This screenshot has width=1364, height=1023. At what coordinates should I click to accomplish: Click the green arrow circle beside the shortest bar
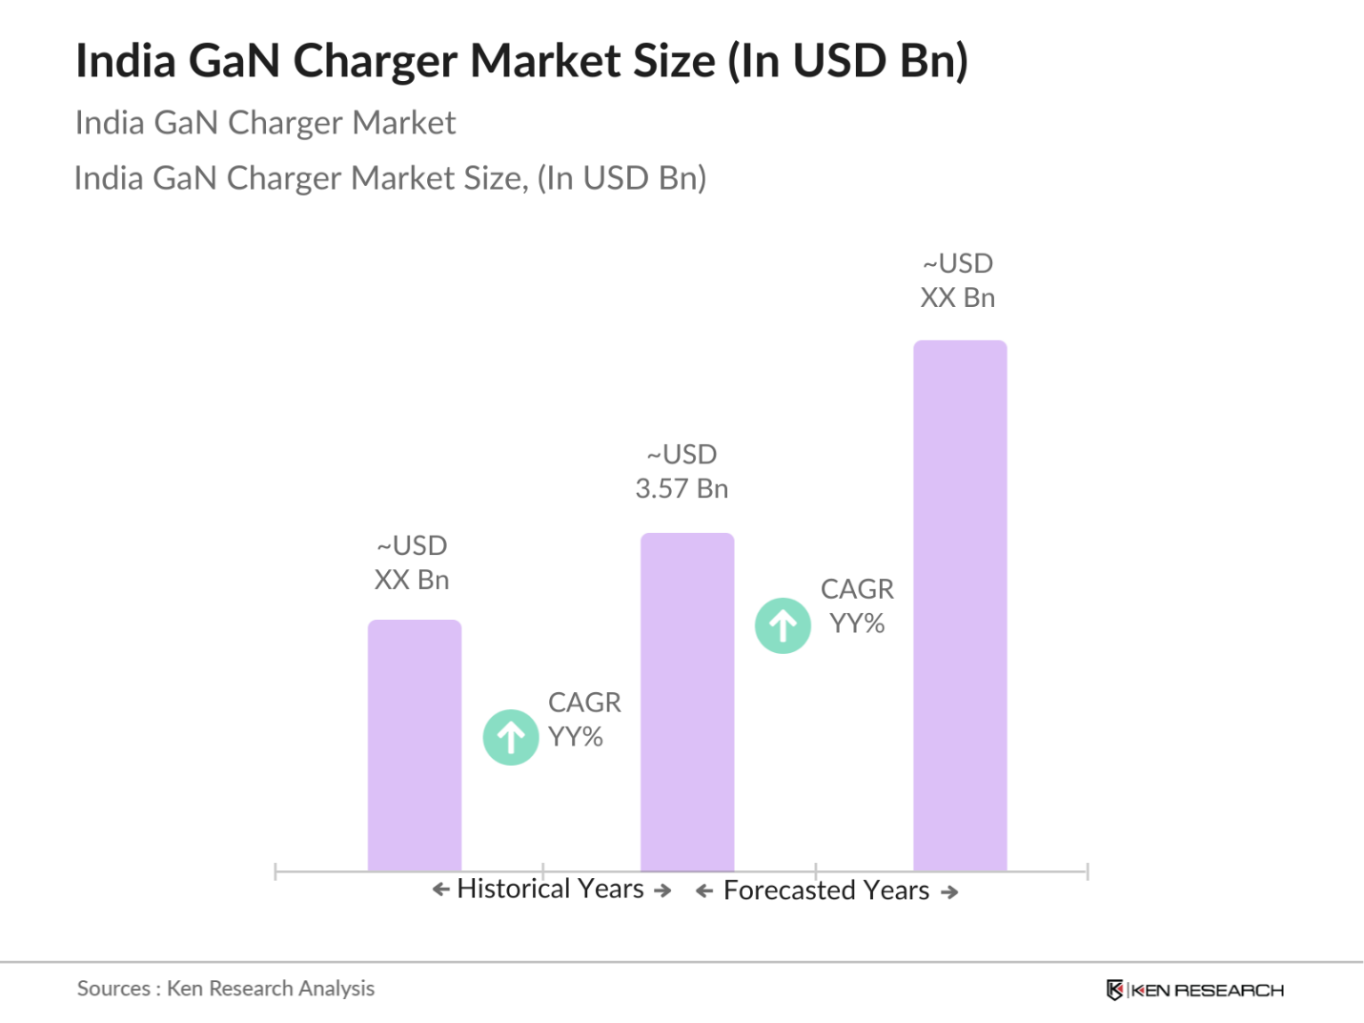pos(511,737)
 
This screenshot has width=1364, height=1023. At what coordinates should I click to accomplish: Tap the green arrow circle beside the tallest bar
pos(783,625)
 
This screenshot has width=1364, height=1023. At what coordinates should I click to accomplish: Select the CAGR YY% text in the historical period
pos(583,720)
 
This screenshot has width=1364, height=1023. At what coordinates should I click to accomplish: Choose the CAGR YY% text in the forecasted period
pos(857,606)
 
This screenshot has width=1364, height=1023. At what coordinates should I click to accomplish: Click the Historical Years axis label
pos(551,889)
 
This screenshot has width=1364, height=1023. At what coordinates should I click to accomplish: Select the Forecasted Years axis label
pos(826,890)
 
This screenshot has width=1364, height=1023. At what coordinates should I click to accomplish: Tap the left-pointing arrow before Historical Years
pos(440,890)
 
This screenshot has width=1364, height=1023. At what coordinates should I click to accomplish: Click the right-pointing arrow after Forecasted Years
pos(949,892)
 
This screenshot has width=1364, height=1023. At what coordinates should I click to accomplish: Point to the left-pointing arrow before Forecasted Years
pos(704,891)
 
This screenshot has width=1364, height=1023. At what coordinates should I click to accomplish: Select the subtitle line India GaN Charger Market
pos(265,123)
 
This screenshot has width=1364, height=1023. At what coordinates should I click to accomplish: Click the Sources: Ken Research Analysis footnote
pos(226,989)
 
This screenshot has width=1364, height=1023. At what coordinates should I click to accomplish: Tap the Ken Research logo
pos(1194,990)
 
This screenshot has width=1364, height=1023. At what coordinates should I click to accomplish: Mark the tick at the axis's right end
pos(1087,871)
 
